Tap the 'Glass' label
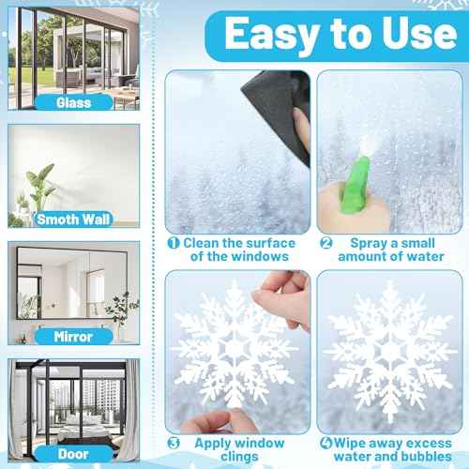point(72,101)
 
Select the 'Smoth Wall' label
point(73,219)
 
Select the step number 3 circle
point(174,442)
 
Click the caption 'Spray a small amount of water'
point(394,250)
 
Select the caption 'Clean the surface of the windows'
point(239,250)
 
